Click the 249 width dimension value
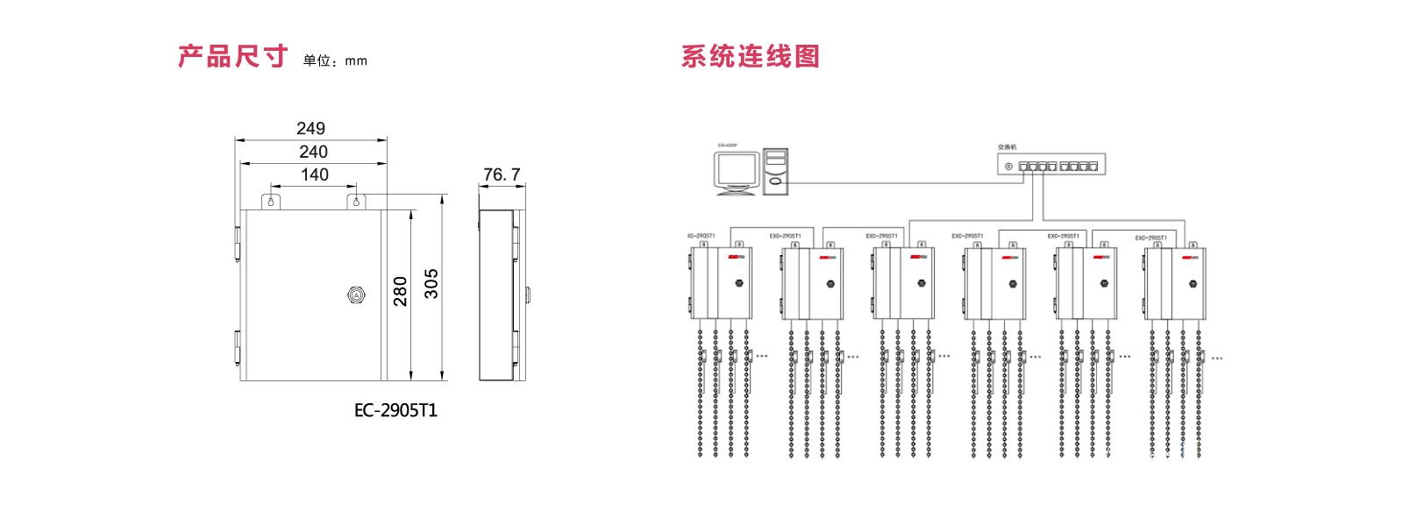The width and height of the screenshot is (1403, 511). (x=310, y=129)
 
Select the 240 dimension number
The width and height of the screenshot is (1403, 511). (x=313, y=153)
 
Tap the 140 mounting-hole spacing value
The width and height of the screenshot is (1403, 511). (x=315, y=175)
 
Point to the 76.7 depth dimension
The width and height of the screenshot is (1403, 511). (x=502, y=175)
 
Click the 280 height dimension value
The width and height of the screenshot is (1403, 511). (x=401, y=291)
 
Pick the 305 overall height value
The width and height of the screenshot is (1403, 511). (x=431, y=284)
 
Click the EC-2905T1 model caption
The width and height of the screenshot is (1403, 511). (x=395, y=410)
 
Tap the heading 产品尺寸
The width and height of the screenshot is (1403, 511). (x=232, y=57)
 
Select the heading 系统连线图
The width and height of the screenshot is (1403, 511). (x=750, y=57)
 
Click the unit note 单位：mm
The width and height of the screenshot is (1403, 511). (x=335, y=60)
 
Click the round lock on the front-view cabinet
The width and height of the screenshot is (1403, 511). (x=355, y=295)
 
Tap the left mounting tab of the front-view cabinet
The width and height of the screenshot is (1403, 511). (x=271, y=202)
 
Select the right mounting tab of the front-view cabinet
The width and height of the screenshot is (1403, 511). (x=356, y=202)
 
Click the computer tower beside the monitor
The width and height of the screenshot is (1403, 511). (x=775, y=171)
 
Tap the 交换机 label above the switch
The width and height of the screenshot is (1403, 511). (x=1007, y=147)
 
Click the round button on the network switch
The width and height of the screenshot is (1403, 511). (x=1008, y=166)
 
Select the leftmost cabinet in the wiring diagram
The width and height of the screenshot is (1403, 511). (x=721, y=283)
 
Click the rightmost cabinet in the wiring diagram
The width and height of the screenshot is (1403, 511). (x=1175, y=283)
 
